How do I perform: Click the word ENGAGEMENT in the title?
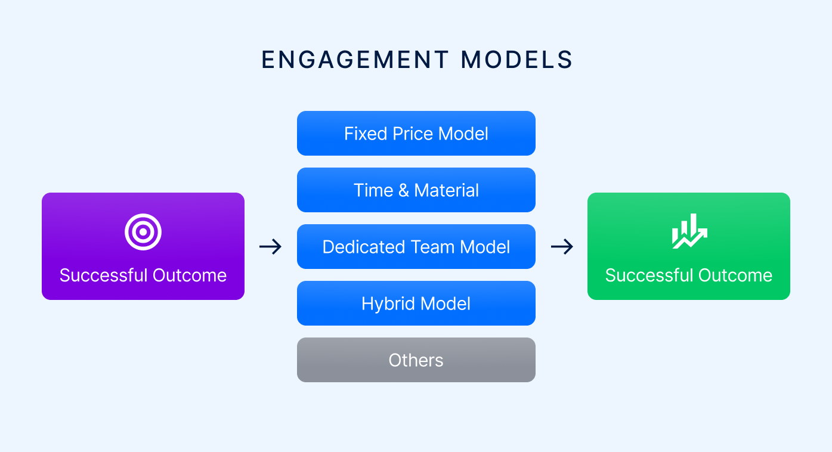click(355, 60)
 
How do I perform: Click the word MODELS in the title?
click(517, 60)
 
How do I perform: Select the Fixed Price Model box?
click(416, 134)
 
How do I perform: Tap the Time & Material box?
click(416, 190)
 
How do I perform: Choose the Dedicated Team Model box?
click(416, 247)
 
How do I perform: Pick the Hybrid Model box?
click(416, 304)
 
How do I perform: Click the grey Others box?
click(416, 360)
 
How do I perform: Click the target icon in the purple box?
click(143, 231)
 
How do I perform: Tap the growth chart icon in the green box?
click(689, 231)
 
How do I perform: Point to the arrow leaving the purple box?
click(271, 246)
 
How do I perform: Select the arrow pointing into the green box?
click(562, 246)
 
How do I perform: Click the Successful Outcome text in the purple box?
click(143, 275)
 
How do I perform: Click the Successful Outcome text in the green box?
click(689, 275)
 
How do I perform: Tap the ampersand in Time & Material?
click(403, 191)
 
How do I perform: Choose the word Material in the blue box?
click(447, 190)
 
